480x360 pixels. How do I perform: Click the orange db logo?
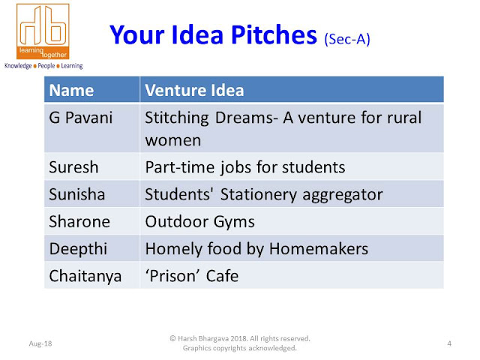tap(43, 31)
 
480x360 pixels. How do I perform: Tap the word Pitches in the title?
tap(274, 35)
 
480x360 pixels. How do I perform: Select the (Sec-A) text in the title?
tap(347, 39)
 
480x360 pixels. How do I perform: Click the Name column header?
tap(71, 90)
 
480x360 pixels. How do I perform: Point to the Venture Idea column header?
tap(194, 90)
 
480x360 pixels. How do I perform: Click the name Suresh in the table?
tap(73, 167)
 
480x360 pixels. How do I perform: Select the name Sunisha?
tap(76, 194)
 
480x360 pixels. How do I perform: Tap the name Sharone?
tap(79, 222)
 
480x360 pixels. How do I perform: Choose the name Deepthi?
tap(78, 248)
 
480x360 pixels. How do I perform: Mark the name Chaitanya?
tap(85, 276)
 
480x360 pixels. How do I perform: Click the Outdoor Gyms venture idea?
tap(200, 222)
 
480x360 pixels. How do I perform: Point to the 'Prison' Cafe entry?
tap(192, 276)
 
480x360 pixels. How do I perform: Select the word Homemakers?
tap(319, 248)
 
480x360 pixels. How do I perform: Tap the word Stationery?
tap(259, 195)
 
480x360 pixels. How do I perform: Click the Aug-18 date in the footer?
tap(40, 343)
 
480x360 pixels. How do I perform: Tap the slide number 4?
tap(449, 343)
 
